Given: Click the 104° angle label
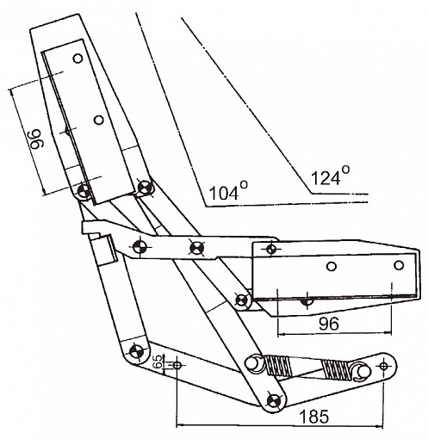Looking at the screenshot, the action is (228, 190).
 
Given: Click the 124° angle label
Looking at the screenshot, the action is (330, 176).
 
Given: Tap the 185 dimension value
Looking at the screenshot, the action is (313, 416).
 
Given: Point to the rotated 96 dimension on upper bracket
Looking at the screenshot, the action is (37, 139).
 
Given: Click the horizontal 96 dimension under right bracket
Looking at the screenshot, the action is (329, 324).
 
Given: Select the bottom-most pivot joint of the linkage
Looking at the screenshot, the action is (273, 400).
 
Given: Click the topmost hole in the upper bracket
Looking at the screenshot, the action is (78, 59).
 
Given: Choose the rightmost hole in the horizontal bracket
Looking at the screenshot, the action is (399, 265).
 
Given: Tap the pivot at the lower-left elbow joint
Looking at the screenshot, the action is (136, 350).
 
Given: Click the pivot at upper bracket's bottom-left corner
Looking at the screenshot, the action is (84, 189).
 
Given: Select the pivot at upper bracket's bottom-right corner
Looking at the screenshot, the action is (145, 187).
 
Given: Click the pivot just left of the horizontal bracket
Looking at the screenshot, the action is (241, 300).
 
